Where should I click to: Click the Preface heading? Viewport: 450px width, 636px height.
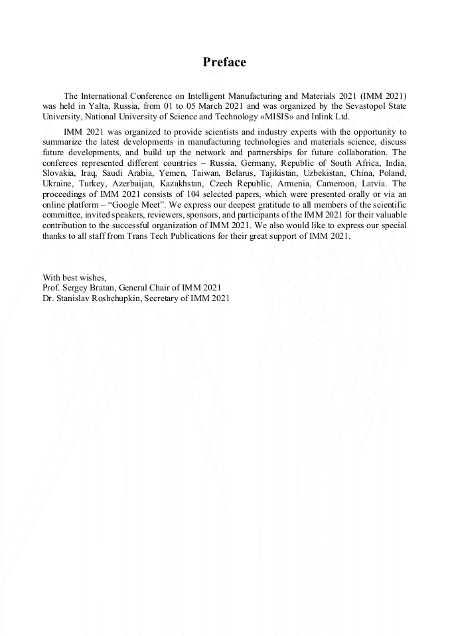tap(224, 62)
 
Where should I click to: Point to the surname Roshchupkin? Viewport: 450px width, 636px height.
tap(125, 298)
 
